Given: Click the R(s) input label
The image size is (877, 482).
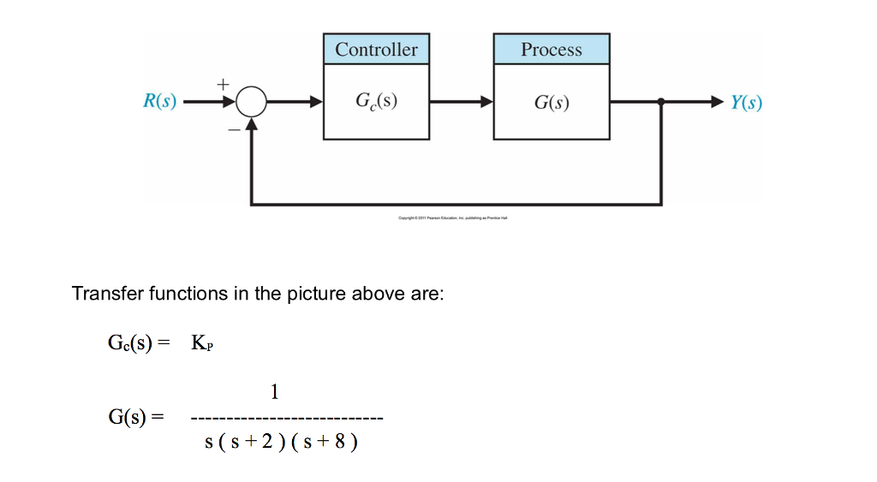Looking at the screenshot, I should (x=159, y=102).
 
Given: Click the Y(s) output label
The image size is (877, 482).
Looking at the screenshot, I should (x=746, y=103).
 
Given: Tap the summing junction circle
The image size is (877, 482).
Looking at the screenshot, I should (x=251, y=103).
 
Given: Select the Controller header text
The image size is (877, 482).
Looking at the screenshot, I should (x=376, y=50).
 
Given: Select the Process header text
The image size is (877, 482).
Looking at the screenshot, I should (x=552, y=50).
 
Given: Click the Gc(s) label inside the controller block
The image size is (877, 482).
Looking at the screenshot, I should (x=376, y=102).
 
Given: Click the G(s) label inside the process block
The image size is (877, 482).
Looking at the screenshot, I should (x=552, y=103).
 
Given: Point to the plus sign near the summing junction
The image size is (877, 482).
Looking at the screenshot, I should (x=224, y=84).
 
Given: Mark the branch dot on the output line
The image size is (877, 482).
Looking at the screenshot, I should (x=660, y=102).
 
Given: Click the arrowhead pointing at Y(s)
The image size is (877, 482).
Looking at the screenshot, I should (x=717, y=102).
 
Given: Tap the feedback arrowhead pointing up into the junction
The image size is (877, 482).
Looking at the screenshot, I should (x=251, y=124).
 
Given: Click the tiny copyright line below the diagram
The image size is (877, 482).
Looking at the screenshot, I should (x=453, y=218).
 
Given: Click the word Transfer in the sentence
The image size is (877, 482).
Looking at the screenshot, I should (x=108, y=294).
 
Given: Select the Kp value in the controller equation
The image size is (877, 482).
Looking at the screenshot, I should (x=202, y=344).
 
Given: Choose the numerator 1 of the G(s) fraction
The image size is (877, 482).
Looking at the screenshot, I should (x=274, y=392).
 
